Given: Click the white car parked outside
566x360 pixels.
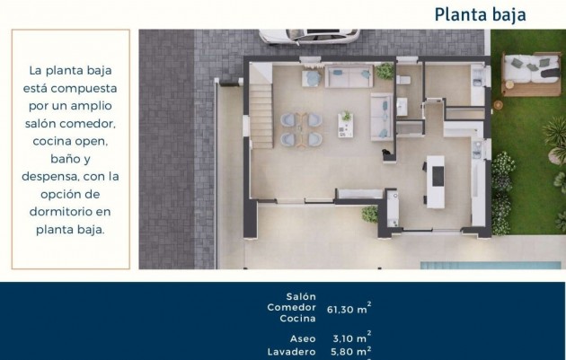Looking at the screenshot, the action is pyautogui.click(x=309, y=37).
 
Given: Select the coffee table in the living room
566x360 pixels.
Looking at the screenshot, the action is pyautogui.click(x=346, y=125).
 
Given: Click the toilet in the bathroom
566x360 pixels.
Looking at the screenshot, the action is pyautogui.click(x=402, y=79).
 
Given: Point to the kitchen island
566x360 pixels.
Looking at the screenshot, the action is pyautogui.click(x=436, y=181).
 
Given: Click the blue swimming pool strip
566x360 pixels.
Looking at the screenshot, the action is pyautogui.click(x=491, y=266).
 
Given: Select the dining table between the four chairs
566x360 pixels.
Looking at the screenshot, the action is pyautogui.click(x=301, y=129).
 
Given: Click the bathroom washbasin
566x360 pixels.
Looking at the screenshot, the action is pyautogui.click(x=402, y=107).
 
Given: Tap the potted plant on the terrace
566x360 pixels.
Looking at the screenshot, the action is pyautogui.click(x=370, y=215).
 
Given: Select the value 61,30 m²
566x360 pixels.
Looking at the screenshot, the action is pyautogui.click(x=349, y=309).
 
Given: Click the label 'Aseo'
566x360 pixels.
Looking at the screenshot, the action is pyautogui.click(x=303, y=338).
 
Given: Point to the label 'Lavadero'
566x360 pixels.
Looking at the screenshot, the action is pyautogui.click(x=292, y=352).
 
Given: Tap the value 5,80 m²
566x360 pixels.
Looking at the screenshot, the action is pyautogui.click(x=351, y=351).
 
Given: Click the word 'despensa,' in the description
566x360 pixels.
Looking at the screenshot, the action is pyautogui.click(x=50, y=177).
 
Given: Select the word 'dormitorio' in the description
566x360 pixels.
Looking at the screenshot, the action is pyautogui.click(x=61, y=212).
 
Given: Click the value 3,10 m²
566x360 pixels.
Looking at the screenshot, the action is pyautogui.click(x=352, y=338).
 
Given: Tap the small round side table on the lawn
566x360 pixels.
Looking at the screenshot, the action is pyautogui.click(x=498, y=105).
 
